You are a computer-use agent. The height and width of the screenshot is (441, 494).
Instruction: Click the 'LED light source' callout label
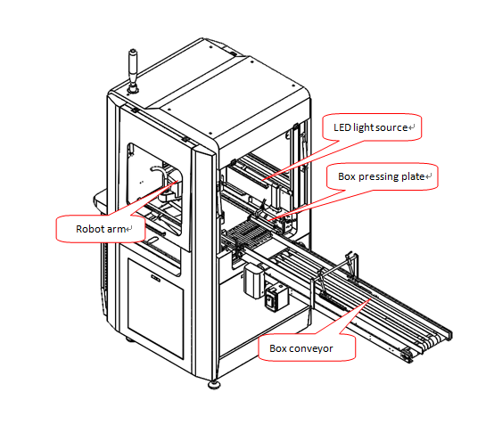(x=372, y=127)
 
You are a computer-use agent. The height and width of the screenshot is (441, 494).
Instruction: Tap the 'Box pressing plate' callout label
(x=382, y=176)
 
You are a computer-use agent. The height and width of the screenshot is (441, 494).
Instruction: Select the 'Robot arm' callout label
(x=101, y=229)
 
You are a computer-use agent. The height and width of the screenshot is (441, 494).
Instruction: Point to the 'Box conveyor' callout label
(x=307, y=348)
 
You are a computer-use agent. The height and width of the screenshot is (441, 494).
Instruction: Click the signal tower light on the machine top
(x=133, y=71)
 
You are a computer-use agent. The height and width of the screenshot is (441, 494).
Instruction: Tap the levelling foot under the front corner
(x=214, y=385)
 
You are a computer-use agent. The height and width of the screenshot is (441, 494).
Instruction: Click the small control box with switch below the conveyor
(x=276, y=298)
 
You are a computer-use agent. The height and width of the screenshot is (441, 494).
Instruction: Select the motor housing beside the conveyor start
(x=254, y=280)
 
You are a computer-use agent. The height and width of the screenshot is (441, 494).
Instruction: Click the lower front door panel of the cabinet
(x=156, y=308)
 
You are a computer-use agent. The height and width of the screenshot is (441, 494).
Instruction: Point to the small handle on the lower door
(x=156, y=278)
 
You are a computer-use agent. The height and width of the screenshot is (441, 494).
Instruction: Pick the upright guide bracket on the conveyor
(x=351, y=265)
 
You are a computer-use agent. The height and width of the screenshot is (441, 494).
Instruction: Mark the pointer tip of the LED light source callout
(x=263, y=180)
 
